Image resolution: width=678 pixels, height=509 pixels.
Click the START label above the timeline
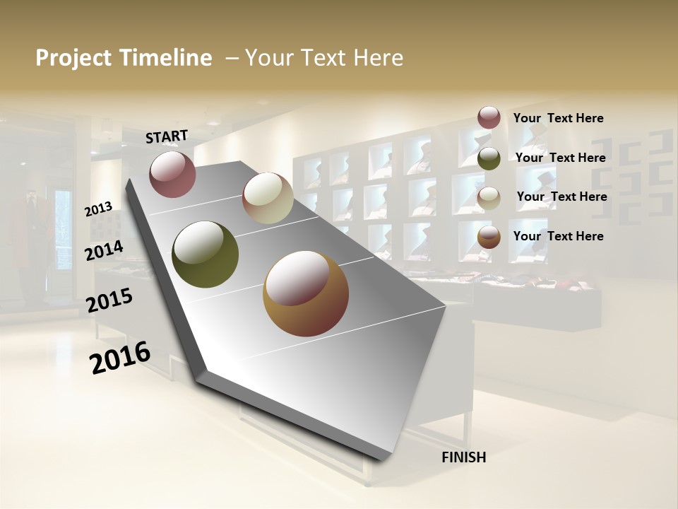click(167, 136)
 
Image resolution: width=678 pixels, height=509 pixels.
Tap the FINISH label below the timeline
click(463, 457)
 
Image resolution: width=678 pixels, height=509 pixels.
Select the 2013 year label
click(98, 209)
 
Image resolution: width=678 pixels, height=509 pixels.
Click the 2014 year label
click(104, 251)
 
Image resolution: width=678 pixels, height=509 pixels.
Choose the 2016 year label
click(120, 358)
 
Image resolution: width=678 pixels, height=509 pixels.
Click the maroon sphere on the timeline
click(172, 174)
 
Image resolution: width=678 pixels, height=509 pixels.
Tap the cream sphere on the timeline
click(268, 198)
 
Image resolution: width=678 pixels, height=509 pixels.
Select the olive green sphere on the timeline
click(206, 255)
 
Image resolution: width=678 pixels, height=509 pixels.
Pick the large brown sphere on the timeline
click(305, 293)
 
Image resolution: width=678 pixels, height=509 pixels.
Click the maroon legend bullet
click(489, 118)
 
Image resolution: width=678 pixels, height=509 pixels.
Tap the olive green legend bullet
click(489, 158)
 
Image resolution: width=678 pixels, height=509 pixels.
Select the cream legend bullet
click(489, 198)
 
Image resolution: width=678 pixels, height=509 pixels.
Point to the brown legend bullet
click(489, 237)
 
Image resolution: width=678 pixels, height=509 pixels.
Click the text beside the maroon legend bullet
click(558, 119)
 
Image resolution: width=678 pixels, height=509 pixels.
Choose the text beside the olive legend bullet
click(560, 158)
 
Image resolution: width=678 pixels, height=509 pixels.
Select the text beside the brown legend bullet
click(558, 236)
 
